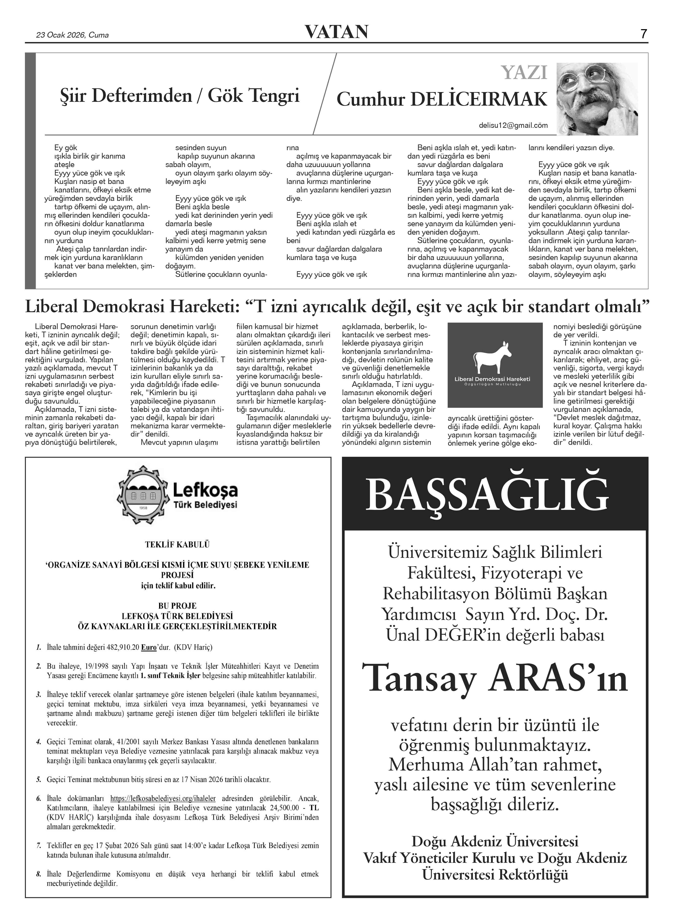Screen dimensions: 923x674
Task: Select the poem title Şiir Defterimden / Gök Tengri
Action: (180, 96)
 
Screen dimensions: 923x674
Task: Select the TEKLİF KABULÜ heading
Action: (177, 545)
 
